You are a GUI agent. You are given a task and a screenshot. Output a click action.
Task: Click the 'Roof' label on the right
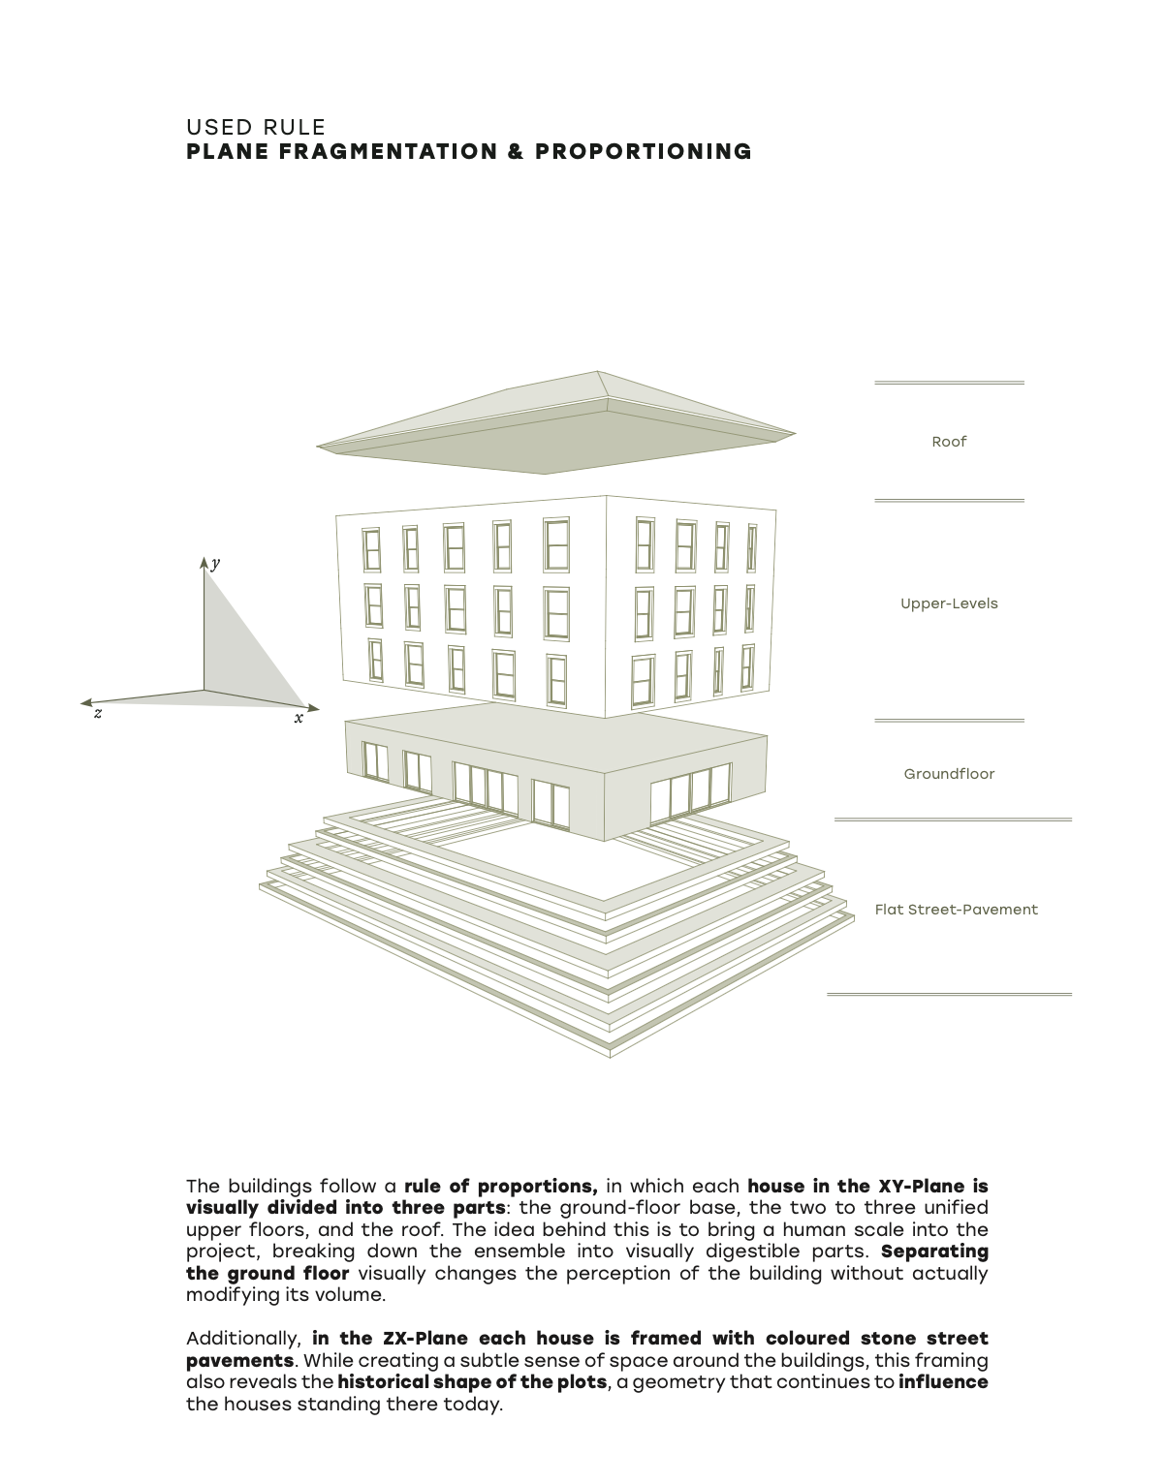coord(949,442)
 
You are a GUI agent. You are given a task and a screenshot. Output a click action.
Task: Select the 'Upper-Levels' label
coord(949,603)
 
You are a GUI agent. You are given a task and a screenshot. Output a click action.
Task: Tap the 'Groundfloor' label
coord(949,774)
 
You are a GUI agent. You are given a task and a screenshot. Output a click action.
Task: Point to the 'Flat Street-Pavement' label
coord(956,910)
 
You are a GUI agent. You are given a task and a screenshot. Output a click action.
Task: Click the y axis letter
coord(215,564)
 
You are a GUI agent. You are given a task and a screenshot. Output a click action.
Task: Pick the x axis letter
coord(299,718)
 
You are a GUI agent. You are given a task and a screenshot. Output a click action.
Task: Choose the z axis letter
coord(98,714)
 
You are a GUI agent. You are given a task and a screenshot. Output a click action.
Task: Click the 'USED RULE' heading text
coord(256,127)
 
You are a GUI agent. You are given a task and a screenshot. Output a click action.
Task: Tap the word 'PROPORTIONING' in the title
coord(644,152)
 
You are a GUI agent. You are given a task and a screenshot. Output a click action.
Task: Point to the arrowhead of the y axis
coord(205,563)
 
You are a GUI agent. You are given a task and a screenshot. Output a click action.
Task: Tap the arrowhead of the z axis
coord(85,702)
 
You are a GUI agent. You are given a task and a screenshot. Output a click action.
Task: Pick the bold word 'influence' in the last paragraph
coord(943,1382)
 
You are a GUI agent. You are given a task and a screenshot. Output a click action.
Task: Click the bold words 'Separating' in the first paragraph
coord(934,1252)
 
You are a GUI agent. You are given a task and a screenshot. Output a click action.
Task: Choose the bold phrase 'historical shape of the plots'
coord(472,1382)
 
